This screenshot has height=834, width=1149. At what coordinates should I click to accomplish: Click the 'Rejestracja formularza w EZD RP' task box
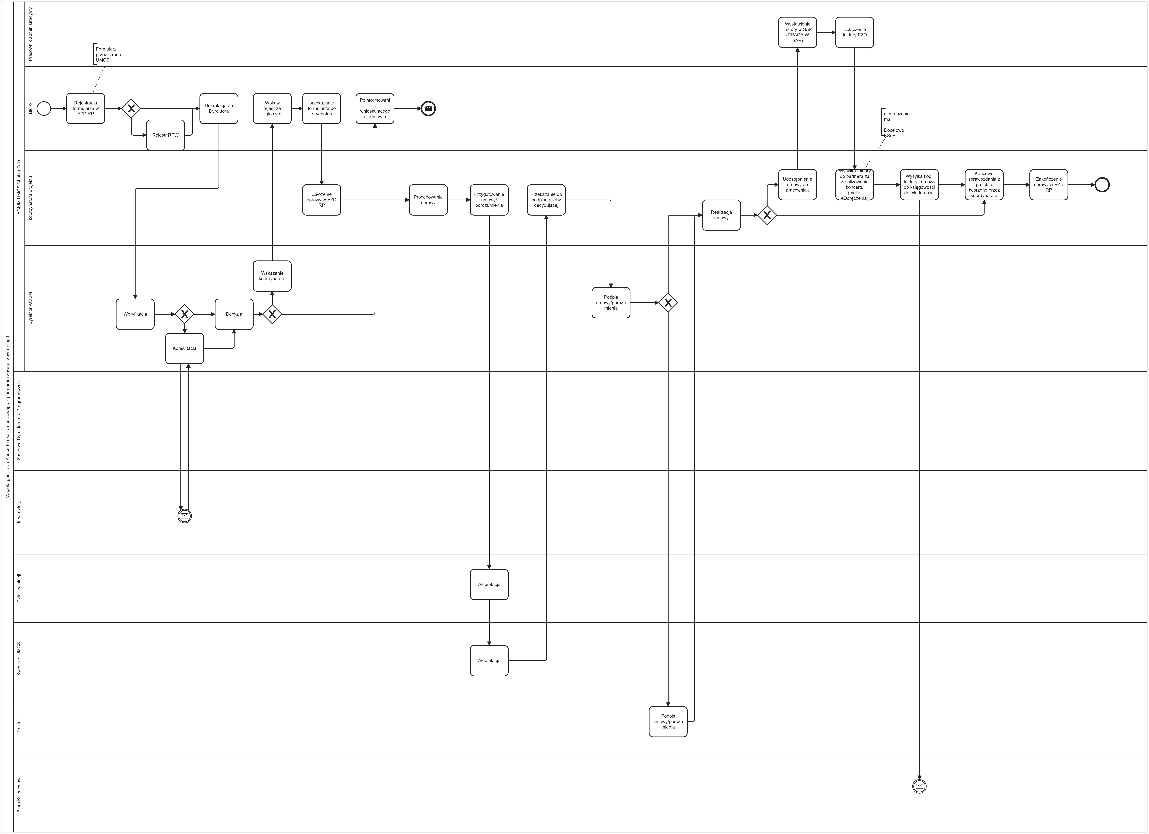click(86, 108)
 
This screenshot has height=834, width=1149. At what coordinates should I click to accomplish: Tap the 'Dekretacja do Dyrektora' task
click(219, 108)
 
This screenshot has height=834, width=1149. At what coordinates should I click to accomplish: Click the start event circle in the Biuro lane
click(44, 108)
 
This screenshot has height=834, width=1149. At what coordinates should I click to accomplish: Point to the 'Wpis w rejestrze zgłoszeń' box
click(272, 108)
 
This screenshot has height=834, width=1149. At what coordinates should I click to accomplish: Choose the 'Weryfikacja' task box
click(135, 314)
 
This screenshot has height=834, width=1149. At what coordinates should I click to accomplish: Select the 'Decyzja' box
click(234, 314)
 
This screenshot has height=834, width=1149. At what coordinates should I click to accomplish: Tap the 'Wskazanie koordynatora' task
click(272, 276)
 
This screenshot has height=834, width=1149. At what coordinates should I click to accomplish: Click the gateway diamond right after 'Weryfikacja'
click(184, 314)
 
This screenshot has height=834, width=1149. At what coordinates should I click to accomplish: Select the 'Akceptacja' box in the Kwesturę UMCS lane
click(489, 661)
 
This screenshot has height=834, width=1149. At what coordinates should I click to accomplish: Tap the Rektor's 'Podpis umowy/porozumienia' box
click(668, 722)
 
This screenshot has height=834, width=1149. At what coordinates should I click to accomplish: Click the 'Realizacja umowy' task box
click(721, 215)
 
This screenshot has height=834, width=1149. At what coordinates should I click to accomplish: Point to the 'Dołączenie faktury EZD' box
click(855, 32)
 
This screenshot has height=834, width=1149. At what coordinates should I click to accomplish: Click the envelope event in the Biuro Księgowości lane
click(920, 786)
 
